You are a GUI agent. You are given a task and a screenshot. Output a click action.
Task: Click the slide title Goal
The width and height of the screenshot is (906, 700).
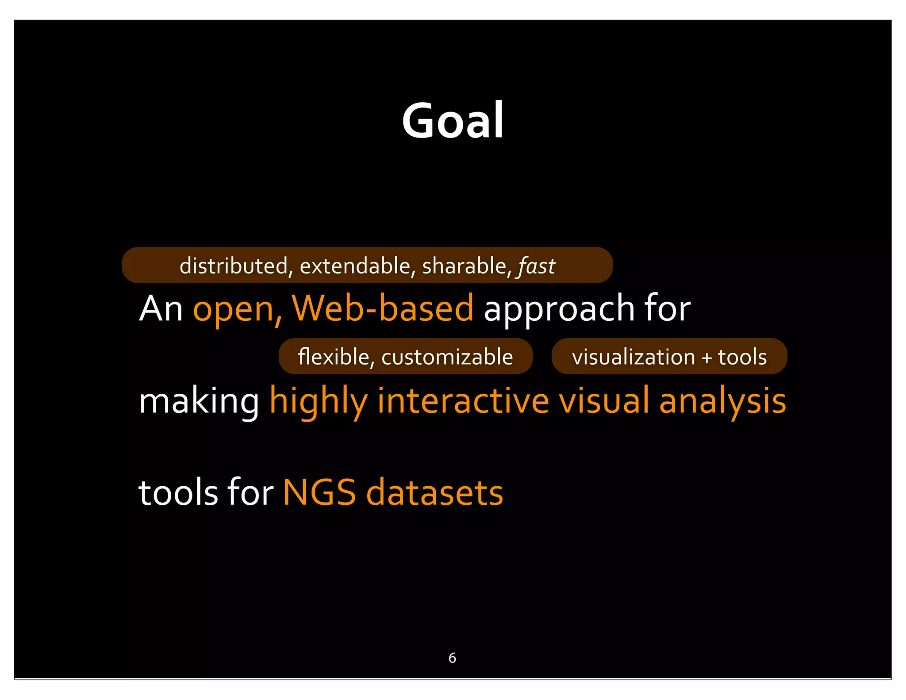pyautogui.click(x=453, y=120)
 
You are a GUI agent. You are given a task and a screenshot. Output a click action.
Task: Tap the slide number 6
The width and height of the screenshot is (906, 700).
pyautogui.click(x=452, y=658)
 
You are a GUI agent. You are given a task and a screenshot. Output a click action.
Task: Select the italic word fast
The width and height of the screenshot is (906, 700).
pyautogui.click(x=537, y=266)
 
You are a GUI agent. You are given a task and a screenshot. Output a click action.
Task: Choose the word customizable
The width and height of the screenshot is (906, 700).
pyautogui.click(x=447, y=357)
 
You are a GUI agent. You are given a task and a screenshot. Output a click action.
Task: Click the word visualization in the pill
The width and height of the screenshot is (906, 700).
pyautogui.click(x=633, y=357)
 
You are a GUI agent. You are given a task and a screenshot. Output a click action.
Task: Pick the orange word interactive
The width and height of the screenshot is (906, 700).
pyautogui.click(x=463, y=400)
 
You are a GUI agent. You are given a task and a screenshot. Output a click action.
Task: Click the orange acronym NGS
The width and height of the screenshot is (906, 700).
pyautogui.click(x=319, y=492)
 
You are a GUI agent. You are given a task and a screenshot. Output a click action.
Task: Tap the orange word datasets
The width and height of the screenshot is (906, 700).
pyautogui.click(x=435, y=492)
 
